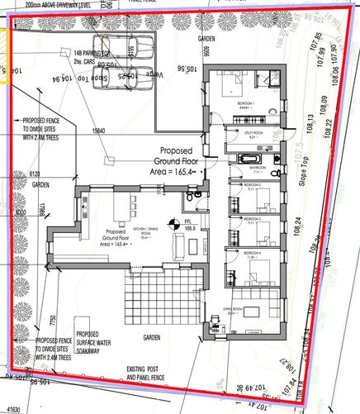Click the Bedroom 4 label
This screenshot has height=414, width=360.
click(x=254, y=251)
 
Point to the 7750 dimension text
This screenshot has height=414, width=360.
click(x=53, y=321)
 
